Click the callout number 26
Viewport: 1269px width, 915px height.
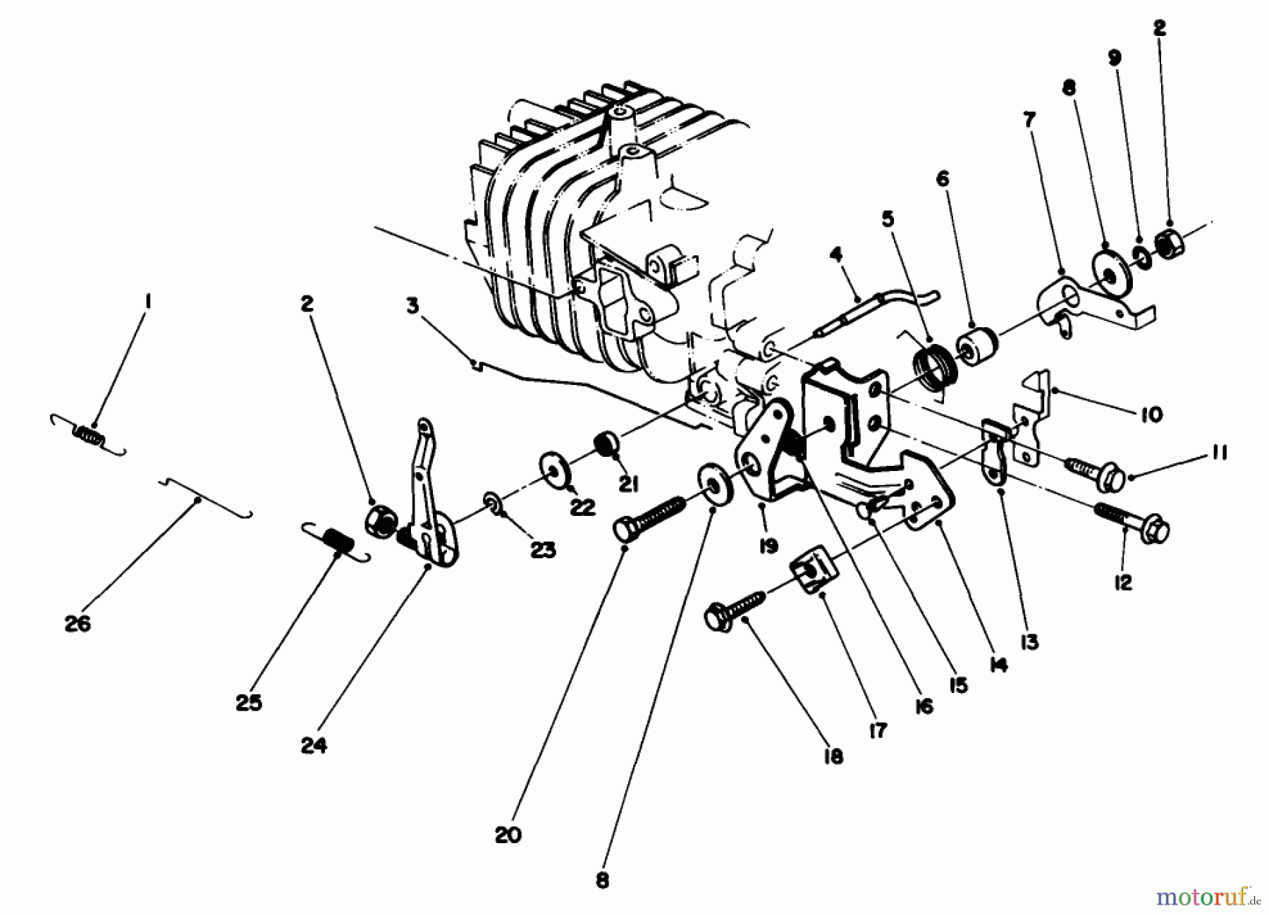pos(78,623)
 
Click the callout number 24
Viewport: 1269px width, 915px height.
pos(314,745)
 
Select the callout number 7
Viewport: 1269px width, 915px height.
pos(1029,121)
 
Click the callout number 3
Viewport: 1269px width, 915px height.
pos(412,306)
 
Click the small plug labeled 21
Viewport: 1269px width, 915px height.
pos(608,446)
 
